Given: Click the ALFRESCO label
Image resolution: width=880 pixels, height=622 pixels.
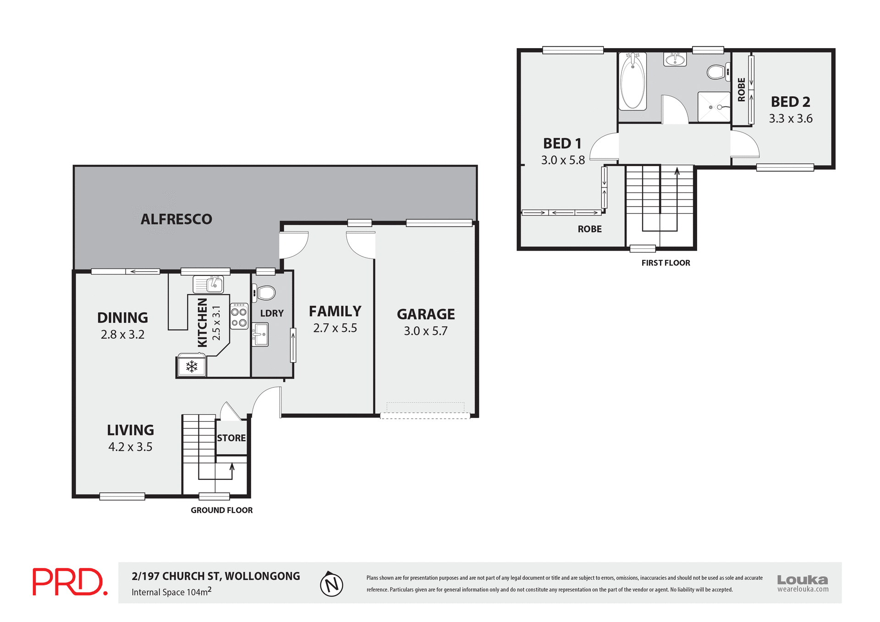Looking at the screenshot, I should (x=176, y=219).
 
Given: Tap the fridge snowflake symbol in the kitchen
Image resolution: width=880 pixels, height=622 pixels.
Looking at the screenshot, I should (x=192, y=366).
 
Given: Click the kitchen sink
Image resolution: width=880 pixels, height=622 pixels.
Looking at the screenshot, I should (x=208, y=285).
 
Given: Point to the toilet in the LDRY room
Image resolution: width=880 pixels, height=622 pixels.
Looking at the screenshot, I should (x=265, y=293).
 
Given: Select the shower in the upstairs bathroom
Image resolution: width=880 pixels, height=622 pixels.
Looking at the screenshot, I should (x=714, y=107).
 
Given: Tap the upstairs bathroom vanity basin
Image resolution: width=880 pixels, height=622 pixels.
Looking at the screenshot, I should (x=675, y=59).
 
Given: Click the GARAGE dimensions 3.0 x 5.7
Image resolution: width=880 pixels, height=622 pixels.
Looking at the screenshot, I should (x=425, y=331).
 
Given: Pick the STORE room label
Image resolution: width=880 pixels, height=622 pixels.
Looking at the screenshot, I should (x=231, y=438).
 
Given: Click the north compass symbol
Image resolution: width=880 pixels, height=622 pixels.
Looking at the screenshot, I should (x=331, y=584).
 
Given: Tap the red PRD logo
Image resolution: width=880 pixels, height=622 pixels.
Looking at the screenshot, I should (x=70, y=582).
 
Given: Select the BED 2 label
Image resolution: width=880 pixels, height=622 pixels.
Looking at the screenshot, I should (x=790, y=102).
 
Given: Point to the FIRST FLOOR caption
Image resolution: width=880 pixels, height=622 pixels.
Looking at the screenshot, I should (x=665, y=263).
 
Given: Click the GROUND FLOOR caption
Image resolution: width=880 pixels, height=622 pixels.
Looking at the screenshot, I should (x=221, y=510).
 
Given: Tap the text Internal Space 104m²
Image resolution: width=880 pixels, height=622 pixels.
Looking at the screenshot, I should (x=171, y=592).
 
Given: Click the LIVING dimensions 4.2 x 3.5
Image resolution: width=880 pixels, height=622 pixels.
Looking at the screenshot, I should (x=130, y=447).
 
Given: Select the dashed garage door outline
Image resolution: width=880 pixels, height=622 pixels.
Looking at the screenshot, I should (x=425, y=415).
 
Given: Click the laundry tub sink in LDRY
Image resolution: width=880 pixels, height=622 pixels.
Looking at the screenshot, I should (x=261, y=334).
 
